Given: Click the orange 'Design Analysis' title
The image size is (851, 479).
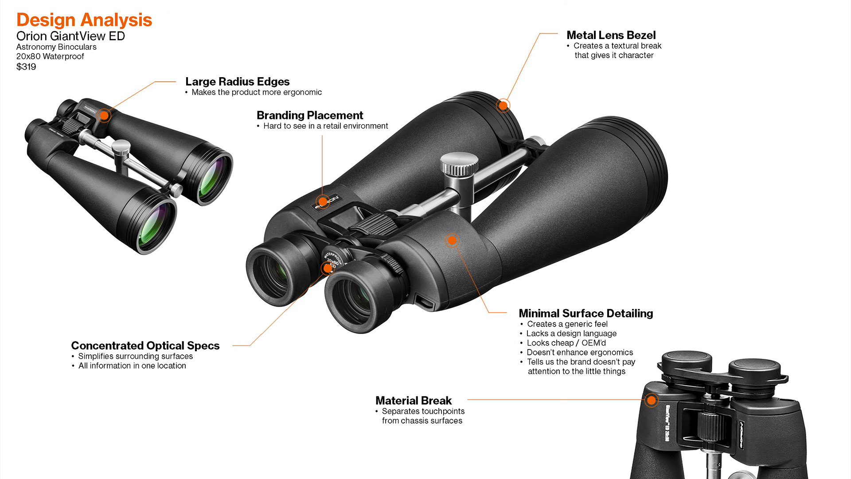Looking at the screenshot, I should pos(84,20).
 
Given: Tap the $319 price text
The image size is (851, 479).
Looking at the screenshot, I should pos(26,67).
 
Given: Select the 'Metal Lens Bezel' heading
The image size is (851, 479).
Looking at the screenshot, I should pos(611,35).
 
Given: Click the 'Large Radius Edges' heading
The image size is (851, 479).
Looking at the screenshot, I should pos(237,82).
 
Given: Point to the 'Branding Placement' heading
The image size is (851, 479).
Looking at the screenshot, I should pos(310,115).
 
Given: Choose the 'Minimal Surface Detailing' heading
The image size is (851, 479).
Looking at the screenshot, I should pos(586,313).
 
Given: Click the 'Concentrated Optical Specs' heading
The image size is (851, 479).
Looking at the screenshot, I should pos(145,346).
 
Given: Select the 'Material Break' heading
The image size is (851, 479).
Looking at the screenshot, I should pos(413,400).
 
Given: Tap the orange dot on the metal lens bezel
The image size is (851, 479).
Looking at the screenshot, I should pos(503,106).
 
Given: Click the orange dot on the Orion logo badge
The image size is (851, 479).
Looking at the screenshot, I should pos(323,202).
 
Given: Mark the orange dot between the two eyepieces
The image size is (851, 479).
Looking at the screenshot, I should pos(328,268).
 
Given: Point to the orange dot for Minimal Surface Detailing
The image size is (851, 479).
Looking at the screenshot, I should pos(452,240).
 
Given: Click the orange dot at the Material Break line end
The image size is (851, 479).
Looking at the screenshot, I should pos(651,400).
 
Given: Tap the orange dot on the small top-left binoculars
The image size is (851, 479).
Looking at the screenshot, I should pos(104,115).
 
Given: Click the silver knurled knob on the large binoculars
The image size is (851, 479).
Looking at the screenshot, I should pos(459,165).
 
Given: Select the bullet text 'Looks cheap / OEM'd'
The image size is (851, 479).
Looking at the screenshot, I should pos(566,343).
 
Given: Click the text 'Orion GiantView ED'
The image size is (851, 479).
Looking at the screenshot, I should pos(70,36).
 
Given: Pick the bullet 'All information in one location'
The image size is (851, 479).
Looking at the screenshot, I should pos(132,365).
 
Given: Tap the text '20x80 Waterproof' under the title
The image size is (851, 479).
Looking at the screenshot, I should pos(50,56).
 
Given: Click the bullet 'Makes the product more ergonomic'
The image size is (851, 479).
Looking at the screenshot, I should pos(257,92).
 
